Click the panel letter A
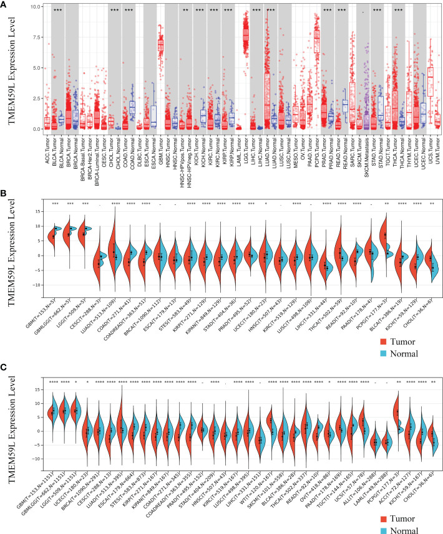5,4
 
